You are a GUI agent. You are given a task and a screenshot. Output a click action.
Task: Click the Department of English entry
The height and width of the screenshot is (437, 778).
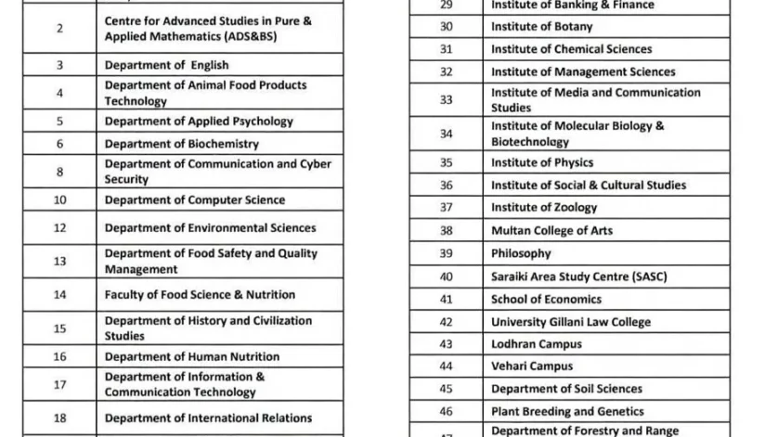point(166,66)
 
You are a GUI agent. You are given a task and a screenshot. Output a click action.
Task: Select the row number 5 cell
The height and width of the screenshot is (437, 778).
point(59,122)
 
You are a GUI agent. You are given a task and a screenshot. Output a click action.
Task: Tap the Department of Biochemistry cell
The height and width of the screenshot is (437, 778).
point(181,145)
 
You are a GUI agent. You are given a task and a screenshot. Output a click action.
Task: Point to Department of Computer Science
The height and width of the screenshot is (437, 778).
point(194,200)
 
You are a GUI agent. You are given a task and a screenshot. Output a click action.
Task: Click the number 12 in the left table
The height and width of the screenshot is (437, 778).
point(59,228)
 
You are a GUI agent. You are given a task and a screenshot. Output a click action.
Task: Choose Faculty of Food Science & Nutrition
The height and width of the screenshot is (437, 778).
point(200,295)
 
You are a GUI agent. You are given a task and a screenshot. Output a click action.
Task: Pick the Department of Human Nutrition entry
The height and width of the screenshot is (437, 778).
point(191,356)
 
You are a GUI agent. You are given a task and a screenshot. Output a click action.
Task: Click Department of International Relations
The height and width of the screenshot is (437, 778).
point(208,418)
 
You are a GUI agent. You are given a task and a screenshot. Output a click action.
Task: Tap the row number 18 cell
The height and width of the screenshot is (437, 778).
point(59,418)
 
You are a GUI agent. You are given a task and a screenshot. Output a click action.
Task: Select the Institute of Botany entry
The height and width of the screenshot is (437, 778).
point(528,27)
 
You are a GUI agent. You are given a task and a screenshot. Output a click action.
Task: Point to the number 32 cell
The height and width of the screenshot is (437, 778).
point(446,72)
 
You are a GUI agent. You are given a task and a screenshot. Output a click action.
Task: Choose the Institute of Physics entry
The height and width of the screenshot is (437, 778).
point(529,162)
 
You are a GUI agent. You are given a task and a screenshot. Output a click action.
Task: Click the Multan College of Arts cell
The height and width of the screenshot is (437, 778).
point(551,231)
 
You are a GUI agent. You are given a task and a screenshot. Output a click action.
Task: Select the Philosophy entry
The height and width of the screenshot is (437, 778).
point(521,253)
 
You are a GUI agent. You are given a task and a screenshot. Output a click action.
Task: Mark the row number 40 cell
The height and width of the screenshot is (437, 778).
point(446,276)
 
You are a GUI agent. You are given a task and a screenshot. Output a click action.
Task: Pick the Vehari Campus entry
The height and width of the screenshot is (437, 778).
point(532,366)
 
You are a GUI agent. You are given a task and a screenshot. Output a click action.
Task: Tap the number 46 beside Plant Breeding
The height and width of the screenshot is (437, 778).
point(446,411)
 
